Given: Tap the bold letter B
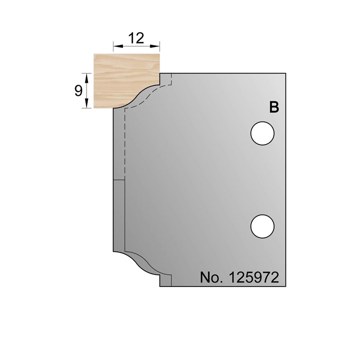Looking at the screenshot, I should click(274, 107).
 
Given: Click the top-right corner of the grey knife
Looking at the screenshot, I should click(285, 73).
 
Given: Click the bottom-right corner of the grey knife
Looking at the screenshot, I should click(285, 286).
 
